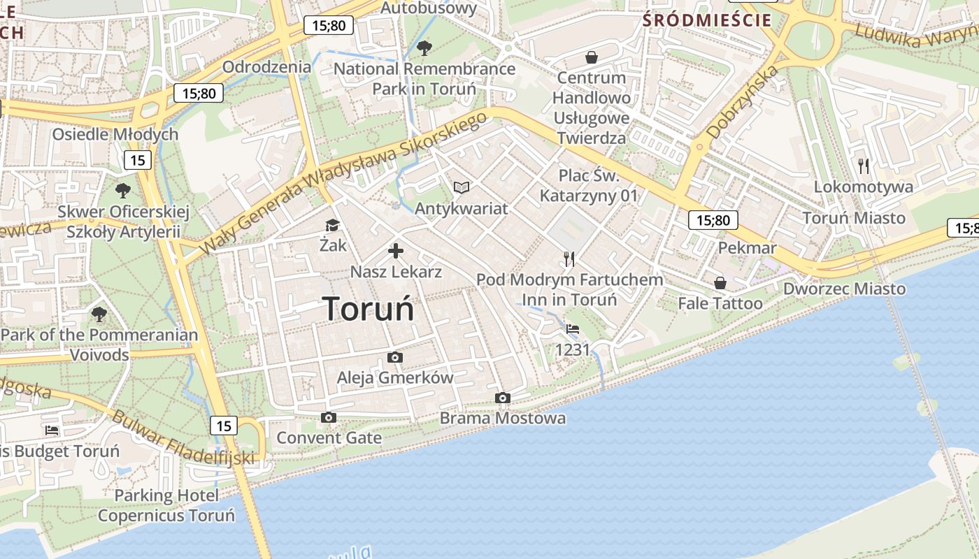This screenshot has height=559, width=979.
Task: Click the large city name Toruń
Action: (x=368, y=308)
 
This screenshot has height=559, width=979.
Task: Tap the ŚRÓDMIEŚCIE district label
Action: (x=707, y=20)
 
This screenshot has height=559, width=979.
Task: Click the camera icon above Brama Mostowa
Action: (x=502, y=398)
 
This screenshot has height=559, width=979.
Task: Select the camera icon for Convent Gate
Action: (x=328, y=418)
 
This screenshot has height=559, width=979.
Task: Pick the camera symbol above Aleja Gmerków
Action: (x=395, y=358)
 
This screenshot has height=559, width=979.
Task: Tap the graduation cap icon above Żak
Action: (x=331, y=225)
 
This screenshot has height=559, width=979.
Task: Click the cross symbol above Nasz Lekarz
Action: (x=396, y=251)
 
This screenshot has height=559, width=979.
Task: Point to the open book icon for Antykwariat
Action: (x=461, y=187)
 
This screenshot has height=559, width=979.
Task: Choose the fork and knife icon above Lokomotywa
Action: (x=864, y=166)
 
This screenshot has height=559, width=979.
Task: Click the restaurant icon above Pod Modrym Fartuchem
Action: (x=569, y=259)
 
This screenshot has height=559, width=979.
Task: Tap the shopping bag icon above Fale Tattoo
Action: (x=720, y=283)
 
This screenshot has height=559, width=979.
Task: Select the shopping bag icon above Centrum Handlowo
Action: (x=592, y=57)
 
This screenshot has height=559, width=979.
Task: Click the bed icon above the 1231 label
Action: (x=573, y=328)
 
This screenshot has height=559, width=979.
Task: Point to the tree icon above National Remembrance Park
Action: (x=424, y=48)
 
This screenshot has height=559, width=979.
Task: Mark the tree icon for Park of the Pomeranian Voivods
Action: (x=99, y=314)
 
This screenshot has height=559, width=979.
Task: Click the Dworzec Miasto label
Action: (x=844, y=289)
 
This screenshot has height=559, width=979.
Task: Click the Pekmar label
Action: (x=747, y=248)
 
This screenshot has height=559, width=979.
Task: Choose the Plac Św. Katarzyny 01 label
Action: (x=589, y=184)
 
